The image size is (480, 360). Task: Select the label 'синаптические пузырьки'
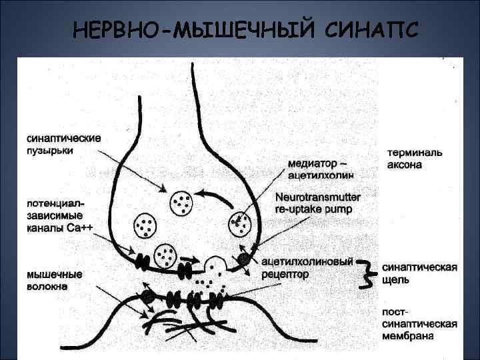pyautogui.click(x=64, y=144)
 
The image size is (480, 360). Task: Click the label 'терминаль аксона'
pyautogui.click(x=414, y=158)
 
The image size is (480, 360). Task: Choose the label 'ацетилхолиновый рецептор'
pyautogui.click(x=306, y=267)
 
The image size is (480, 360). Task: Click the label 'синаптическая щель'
pyautogui.click(x=419, y=273)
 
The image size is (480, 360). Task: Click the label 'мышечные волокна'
pyautogui.click(x=55, y=279)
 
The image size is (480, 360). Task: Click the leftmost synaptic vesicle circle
pyautogui.click(x=146, y=225)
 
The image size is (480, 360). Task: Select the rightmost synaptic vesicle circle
pyautogui.click(x=241, y=225)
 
